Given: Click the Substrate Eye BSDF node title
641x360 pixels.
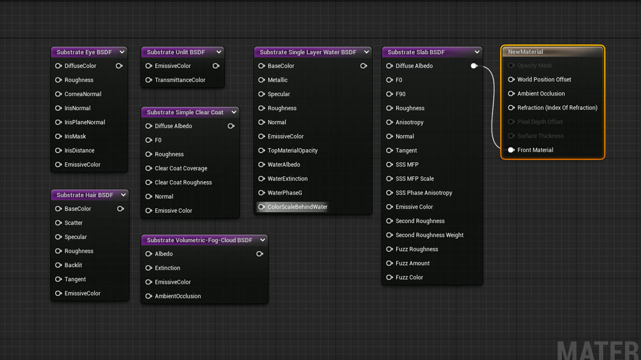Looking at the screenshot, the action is coord(84,52).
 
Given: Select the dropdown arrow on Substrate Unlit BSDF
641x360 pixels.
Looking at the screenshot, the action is coord(219,52).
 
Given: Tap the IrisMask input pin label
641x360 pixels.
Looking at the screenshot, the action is coord(75,136).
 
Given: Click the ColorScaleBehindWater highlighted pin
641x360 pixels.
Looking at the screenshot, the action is coord(262,207).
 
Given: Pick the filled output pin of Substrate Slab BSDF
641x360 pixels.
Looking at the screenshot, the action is coord(474,66).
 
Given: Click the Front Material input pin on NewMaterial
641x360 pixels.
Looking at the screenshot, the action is coord(511,150).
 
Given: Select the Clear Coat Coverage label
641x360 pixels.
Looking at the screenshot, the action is coord(181,168).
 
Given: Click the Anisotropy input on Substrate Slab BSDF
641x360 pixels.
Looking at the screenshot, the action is coord(389,122).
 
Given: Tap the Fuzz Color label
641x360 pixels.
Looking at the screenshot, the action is coord(409,277).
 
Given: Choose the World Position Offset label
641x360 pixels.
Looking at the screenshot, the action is coord(544,79).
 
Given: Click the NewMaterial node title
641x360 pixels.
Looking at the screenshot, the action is coord(526,52).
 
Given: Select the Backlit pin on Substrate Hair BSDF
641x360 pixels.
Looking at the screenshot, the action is coord(58,265).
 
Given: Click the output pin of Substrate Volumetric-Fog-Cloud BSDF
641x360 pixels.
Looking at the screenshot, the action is coord(260,254).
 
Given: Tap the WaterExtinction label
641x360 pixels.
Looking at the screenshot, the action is coord(287,179).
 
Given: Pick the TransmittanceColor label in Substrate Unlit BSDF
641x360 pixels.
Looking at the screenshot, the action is coord(180,80).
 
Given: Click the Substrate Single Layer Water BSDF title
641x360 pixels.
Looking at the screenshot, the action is coord(308,52).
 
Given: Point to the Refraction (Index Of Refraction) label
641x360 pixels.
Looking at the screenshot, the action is coord(557,108).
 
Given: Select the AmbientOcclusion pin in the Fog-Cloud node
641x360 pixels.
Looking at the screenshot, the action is coord(149,296).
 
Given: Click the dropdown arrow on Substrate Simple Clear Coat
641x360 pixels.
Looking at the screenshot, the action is coord(234,112).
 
